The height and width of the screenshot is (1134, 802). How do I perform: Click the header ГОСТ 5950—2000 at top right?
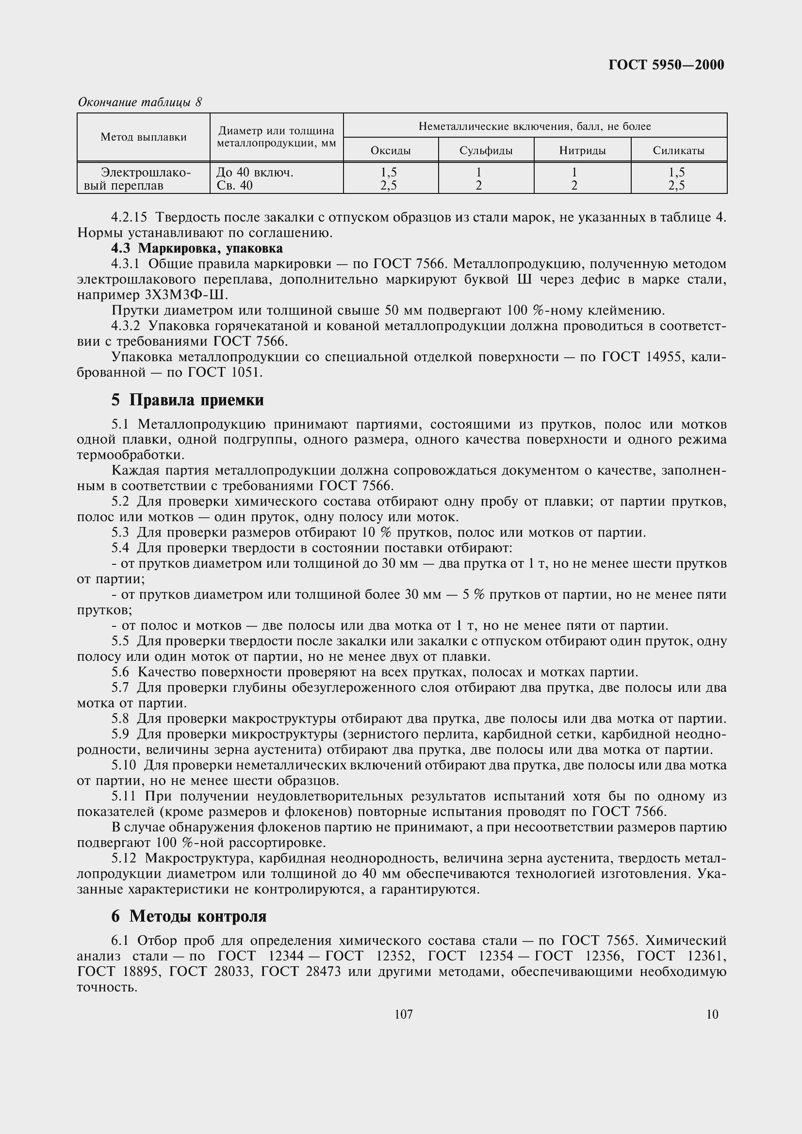(x=666, y=64)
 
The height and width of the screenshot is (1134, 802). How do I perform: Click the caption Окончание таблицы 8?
(x=140, y=102)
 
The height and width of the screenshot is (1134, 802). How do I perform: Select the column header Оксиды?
(x=391, y=151)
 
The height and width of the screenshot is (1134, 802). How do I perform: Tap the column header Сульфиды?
(x=486, y=151)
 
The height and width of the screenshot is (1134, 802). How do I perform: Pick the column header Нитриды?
(x=582, y=151)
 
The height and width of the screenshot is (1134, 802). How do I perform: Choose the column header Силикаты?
(x=678, y=151)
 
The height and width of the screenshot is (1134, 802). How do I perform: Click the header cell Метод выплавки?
(x=143, y=137)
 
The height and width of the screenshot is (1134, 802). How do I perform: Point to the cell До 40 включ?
(x=255, y=173)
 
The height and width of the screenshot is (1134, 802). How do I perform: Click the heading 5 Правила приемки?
(x=187, y=400)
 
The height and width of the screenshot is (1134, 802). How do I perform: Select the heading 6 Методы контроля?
(x=189, y=916)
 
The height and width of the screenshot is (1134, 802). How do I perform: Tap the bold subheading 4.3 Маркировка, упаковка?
(x=196, y=248)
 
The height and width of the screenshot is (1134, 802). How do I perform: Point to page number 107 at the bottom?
(x=404, y=1014)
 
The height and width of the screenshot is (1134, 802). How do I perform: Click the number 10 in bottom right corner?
(x=712, y=1014)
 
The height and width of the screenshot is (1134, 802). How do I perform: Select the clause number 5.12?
(x=125, y=859)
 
